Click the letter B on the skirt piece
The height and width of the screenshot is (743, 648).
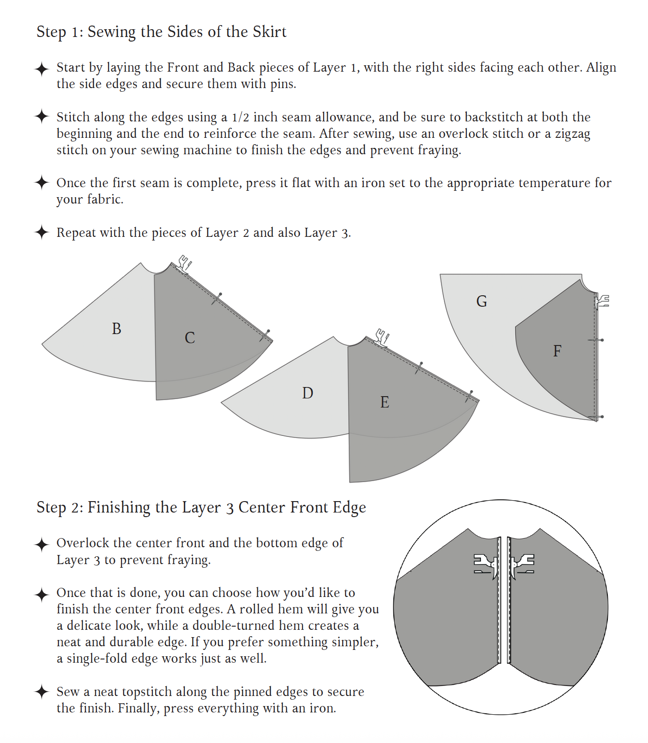[x=116, y=329]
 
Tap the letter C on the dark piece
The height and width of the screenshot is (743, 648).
[x=190, y=338]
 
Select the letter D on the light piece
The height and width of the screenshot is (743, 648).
[x=308, y=393]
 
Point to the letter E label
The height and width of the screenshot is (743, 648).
[x=385, y=402]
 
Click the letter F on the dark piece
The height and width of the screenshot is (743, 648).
[x=557, y=351]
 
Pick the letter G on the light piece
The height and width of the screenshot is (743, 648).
[x=481, y=301]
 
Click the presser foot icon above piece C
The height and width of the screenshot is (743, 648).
[x=184, y=264]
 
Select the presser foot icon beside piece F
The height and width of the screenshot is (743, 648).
[x=602, y=301]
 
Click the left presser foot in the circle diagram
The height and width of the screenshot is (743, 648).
[x=485, y=565]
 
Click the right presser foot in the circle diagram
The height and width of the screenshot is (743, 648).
[x=522, y=565]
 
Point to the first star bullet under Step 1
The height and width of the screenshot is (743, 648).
[x=42, y=69]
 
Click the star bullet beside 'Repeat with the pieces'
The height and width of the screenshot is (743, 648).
[x=42, y=232]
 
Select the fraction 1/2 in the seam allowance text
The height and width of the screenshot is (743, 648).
[x=240, y=117]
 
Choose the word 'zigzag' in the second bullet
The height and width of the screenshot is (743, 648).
[x=572, y=134]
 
